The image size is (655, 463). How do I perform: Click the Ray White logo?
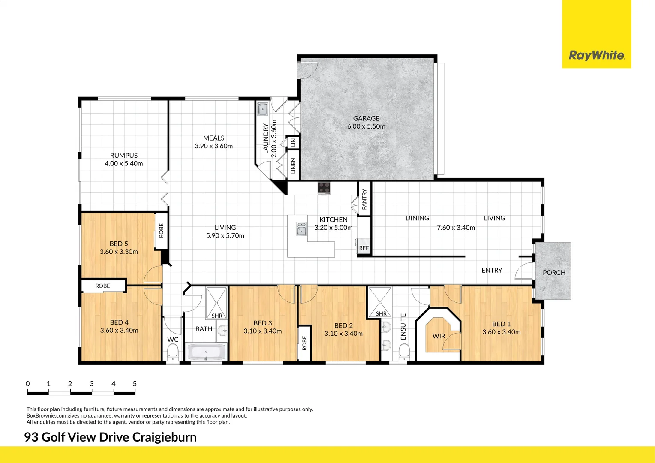pyautogui.click(x=596, y=55)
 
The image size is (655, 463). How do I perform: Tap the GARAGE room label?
pyautogui.click(x=366, y=118)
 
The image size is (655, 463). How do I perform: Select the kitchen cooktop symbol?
pyautogui.click(x=324, y=188)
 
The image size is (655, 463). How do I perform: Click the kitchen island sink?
pyautogui.click(x=302, y=229)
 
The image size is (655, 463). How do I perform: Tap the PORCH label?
pyautogui.click(x=554, y=273)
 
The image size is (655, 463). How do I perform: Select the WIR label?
pyautogui.click(x=439, y=336)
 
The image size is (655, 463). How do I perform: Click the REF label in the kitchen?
pyautogui.click(x=364, y=248)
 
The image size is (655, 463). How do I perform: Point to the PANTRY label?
pyautogui.click(x=364, y=199)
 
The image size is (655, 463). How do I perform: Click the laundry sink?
pyautogui.click(x=262, y=109)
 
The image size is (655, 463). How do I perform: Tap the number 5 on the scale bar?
pyautogui.click(x=135, y=384)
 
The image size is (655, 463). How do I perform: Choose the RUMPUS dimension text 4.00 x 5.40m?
pyautogui.click(x=124, y=164)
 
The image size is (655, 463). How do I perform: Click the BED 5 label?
pyautogui.click(x=119, y=244)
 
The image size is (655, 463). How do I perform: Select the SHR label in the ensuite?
pyautogui.click(x=381, y=313)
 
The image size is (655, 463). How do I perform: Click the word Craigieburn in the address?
pyautogui.click(x=165, y=437)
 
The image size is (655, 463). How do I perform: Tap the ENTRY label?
pyautogui.click(x=492, y=270)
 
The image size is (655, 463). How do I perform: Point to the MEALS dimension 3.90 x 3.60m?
pyautogui.click(x=213, y=146)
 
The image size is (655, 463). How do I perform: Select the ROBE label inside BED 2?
pyautogui.click(x=304, y=343)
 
